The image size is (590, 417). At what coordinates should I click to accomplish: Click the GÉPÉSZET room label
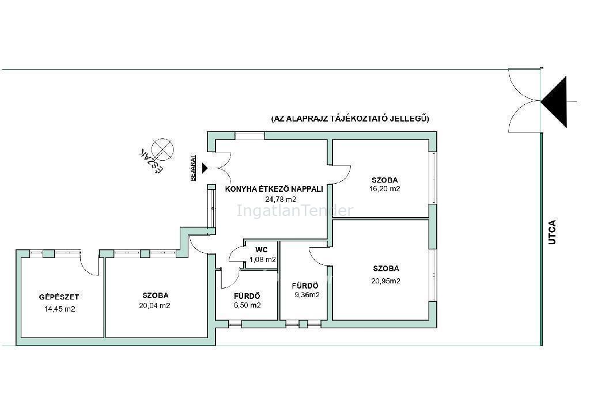pyautogui.click(x=59, y=297)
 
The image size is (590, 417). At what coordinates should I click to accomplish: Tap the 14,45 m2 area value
pyautogui.click(x=60, y=309)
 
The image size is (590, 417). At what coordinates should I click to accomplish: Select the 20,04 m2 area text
pyautogui.click(x=154, y=306)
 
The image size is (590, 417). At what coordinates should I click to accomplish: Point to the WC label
pyautogui.click(x=261, y=250)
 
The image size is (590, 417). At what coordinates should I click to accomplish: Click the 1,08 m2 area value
pyautogui.click(x=263, y=259)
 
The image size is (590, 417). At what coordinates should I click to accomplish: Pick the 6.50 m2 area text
pyautogui.click(x=247, y=305)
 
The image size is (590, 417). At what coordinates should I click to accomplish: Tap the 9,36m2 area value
pyautogui.click(x=307, y=295)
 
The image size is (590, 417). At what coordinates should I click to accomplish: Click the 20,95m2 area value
pyautogui.click(x=385, y=281)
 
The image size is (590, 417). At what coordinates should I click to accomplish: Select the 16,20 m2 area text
pyautogui.click(x=384, y=189)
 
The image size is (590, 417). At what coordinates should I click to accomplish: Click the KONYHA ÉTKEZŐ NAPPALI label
pyautogui.click(x=274, y=189)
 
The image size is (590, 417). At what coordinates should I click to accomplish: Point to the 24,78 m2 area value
pyautogui.click(x=281, y=200)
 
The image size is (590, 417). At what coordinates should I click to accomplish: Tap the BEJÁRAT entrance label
pyautogui.click(x=194, y=168)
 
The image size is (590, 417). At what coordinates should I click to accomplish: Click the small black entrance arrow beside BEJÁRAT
pyautogui.click(x=205, y=168)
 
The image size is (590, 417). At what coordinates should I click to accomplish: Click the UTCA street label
pyautogui.click(x=552, y=232)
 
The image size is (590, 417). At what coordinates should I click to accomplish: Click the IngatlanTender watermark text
pyautogui.click(x=295, y=211)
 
